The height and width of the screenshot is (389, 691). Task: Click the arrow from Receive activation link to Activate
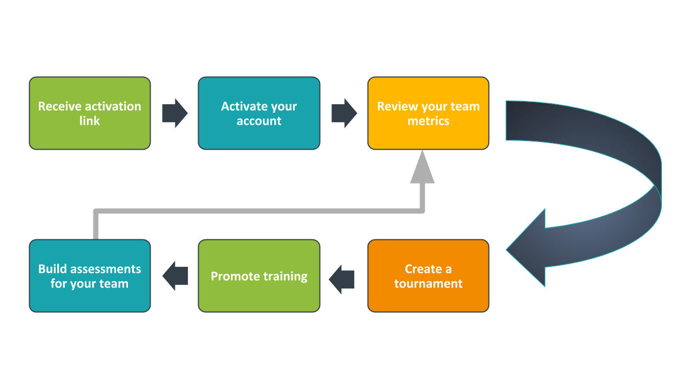[x=174, y=113]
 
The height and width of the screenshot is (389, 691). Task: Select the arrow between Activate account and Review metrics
[x=344, y=113]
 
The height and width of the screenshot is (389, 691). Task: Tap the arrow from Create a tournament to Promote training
[x=342, y=276]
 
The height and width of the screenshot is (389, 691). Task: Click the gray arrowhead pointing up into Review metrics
[x=422, y=169]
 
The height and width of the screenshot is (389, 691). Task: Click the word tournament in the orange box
[x=428, y=284]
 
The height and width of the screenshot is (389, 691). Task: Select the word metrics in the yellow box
[x=428, y=121]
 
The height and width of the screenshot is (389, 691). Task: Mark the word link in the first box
[x=90, y=121]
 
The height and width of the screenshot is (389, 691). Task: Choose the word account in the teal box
[x=259, y=121]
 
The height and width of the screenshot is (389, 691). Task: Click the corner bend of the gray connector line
[x=96, y=211]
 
